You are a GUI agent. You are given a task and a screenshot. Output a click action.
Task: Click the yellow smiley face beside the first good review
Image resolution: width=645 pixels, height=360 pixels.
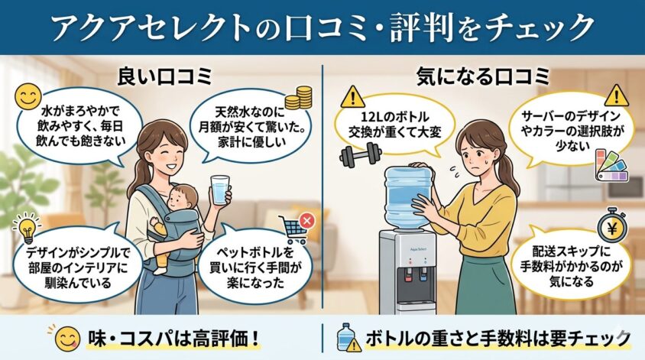point(28,96)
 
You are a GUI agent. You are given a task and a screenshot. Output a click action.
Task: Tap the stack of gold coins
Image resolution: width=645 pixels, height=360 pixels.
point(299,98)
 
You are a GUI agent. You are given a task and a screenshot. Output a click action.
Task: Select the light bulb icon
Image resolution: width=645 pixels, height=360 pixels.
point(28,229)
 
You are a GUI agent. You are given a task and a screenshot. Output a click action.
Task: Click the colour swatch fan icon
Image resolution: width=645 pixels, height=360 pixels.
point(612,166)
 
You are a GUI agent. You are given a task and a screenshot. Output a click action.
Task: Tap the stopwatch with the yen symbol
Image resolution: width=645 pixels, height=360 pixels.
point(612,227)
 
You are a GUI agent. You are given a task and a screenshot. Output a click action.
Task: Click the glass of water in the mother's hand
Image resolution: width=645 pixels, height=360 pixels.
point(220,190)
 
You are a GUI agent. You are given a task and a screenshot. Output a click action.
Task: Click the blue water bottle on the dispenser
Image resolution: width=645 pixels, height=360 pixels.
point(407,197)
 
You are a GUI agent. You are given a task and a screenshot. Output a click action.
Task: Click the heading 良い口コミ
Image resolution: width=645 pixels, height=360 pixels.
point(164,76)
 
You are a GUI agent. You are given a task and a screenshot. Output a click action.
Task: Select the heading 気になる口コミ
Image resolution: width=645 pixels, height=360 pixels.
point(483,76)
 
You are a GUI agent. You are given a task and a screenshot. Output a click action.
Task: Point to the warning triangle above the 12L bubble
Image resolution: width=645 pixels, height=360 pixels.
point(352,97)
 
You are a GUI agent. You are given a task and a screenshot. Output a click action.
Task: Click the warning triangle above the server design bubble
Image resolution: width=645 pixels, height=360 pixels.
point(616,96)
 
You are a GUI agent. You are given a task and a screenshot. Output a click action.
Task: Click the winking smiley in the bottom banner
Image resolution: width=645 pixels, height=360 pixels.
point(67,339)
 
